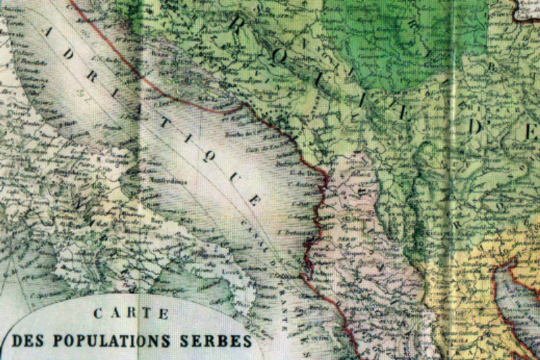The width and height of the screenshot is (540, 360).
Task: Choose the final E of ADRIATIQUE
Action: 254,201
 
